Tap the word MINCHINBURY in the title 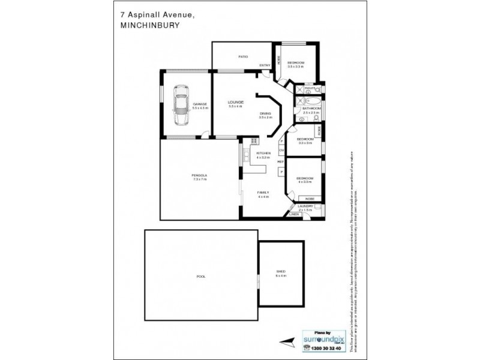pyautogui.click(x=146, y=25)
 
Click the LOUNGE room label pyautogui.click(x=235, y=103)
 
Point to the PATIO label pyautogui.click(x=243, y=56)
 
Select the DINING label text pyautogui.click(x=265, y=113)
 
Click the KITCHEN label pyautogui.click(x=263, y=154)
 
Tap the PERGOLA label pyautogui.click(x=199, y=175)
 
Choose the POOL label pyautogui.click(x=201, y=277)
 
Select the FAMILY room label pyautogui.click(x=263, y=193)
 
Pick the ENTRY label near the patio pyautogui.click(x=264, y=65)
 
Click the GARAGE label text pyautogui.click(x=199, y=104)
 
